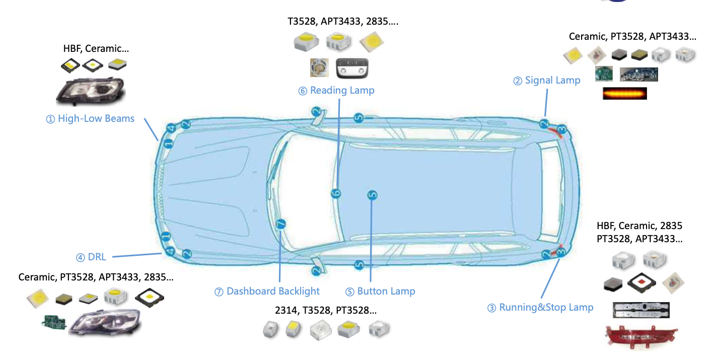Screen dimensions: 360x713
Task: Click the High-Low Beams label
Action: pyautogui.click(x=91, y=119)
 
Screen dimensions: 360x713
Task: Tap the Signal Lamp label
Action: pyautogui.click(x=547, y=81)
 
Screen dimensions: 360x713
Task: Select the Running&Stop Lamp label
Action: pyautogui.click(x=540, y=308)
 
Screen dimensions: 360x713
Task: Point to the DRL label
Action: pyautogui.click(x=91, y=257)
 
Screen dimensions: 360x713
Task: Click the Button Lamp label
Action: pyautogui.click(x=380, y=292)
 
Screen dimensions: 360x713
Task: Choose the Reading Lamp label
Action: pyautogui.click(x=336, y=91)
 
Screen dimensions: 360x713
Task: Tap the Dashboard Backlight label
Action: pyautogui.click(x=267, y=292)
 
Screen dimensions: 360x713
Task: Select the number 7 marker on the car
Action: pyautogui.click(x=281, y=224)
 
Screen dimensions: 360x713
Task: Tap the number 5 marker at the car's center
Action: pyautogui.click(x=372, y=195)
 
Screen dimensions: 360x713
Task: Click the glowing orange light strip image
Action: pyautogui.click(x=624, y=93)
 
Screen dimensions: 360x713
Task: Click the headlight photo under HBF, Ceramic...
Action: pyautogui.click(x=91, y=92)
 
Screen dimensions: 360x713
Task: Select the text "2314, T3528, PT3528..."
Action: pyautogui.click(x=326, y=310)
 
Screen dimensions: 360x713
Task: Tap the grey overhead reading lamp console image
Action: pyautogui.click(x=352, y=68)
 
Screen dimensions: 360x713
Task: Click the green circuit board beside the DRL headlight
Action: pyautogui.click(x=54, y=323)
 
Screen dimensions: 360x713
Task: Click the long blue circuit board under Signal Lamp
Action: pyautogui.click(x=638, y=75)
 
